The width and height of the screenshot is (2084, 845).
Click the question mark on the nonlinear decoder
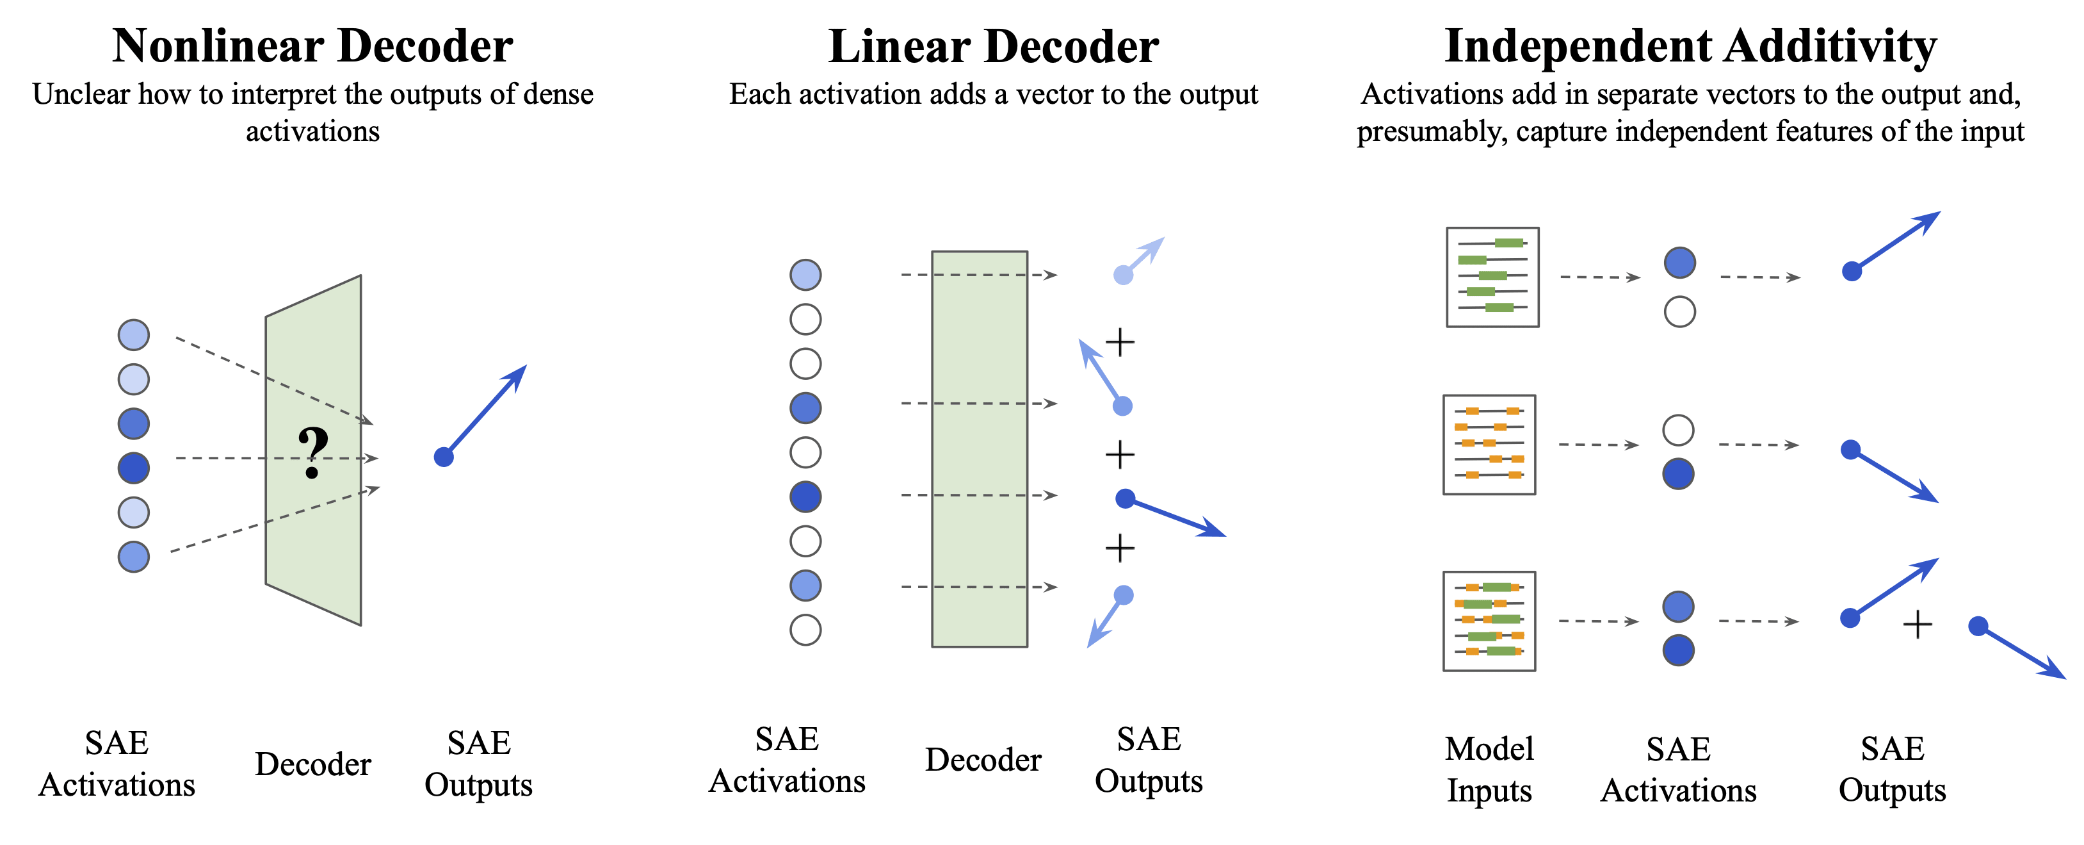(313, 452)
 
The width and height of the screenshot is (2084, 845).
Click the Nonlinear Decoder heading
(312, 45)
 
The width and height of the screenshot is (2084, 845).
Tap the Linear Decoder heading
(994, 46)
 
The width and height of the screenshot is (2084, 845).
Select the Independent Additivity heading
(1691, 46)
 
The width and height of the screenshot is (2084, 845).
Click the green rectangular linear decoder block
(980, 448)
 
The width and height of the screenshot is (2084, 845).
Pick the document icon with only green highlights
(1492, 277)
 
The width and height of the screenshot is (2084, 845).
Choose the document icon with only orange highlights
(1489, 445)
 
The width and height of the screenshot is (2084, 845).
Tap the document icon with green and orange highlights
(1489, 621)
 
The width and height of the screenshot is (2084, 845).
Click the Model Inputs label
(1489, 769)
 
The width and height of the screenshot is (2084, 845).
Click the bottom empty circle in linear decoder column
(805, 630)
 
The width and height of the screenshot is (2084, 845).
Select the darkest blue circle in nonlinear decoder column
(133, 468)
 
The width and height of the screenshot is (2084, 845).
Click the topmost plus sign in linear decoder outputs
(1120, 342)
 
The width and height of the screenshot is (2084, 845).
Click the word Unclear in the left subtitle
(81, 95)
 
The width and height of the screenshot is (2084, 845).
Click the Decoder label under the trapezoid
(313, 764)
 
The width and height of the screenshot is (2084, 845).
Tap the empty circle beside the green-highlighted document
(1679, 311)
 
